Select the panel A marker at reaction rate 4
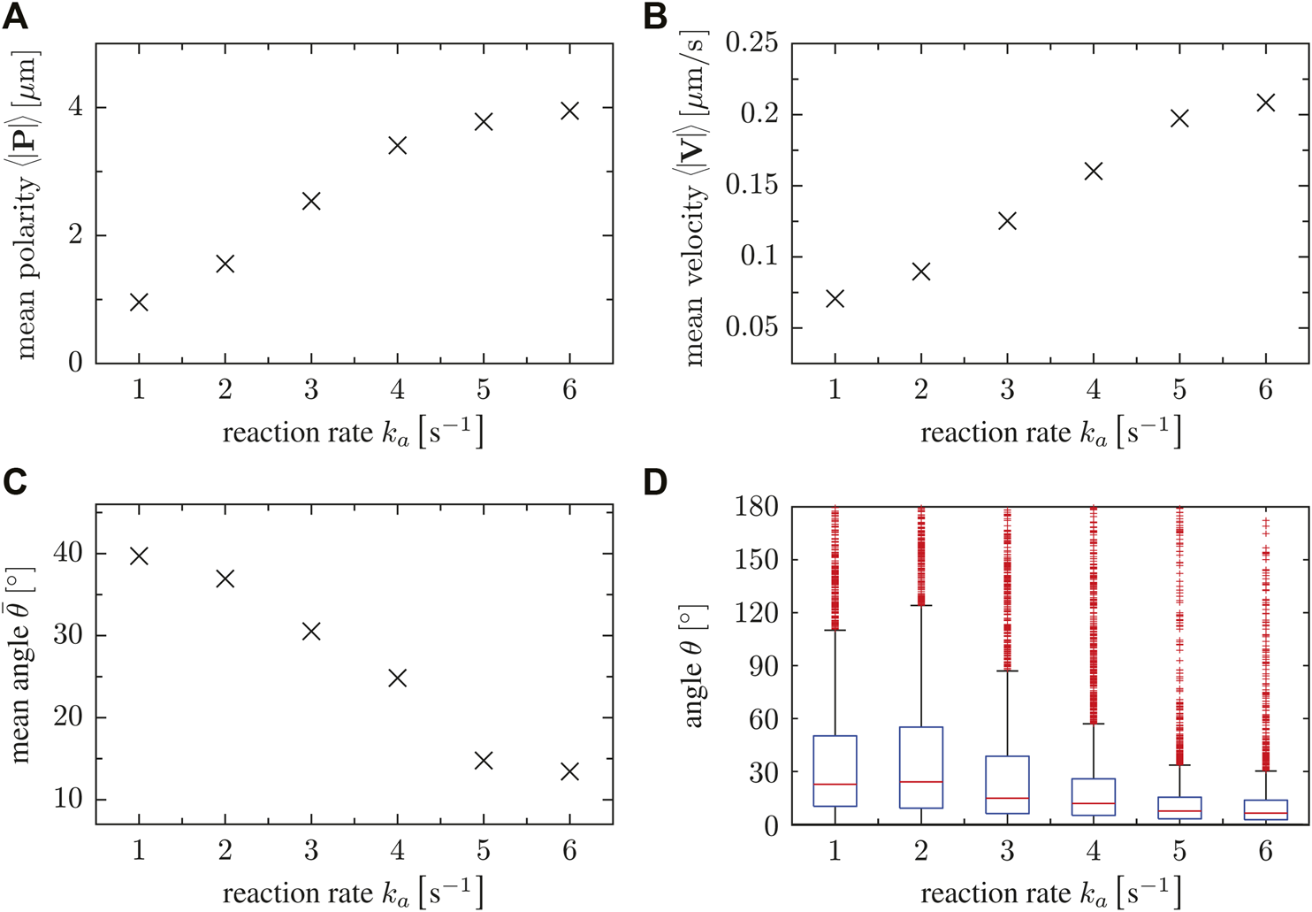click(x=397, y=145)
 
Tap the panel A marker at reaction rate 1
click(x=139, y=303)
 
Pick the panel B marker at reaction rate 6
click(x=1265, y=103)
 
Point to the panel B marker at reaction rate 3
click(x=1007, y=221)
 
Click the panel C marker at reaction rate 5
click(x=483, y=761)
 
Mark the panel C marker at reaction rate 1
click(x=139, y=556)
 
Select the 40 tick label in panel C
click(x=67, y=554)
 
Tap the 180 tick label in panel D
click(x=757, y=508)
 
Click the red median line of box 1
click(x=835, y=785)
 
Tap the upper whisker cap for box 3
click(x=1007, y=671)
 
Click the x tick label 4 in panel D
click(x=1094, y=851)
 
